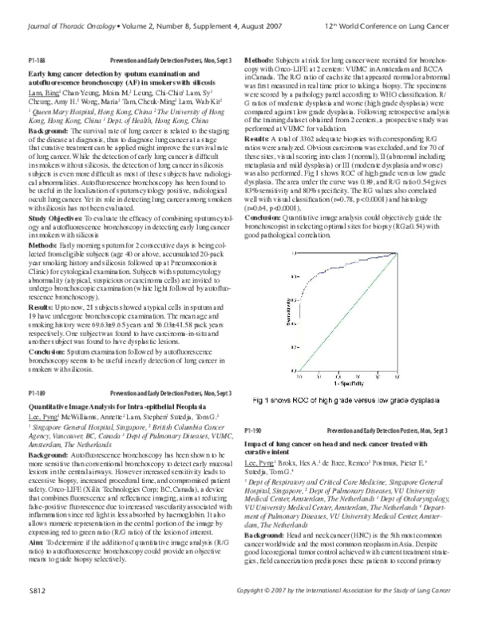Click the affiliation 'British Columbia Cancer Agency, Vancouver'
160,428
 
